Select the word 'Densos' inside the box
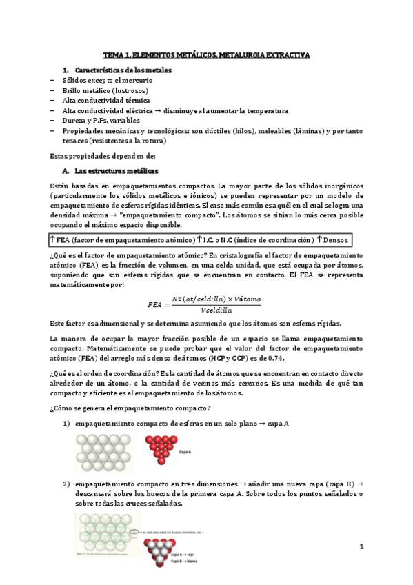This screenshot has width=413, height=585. pos(334,239)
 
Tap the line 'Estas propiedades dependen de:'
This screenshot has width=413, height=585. pos(94,156)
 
